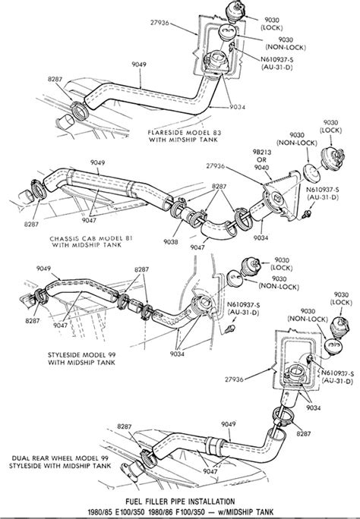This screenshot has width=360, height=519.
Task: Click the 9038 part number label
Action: click(x=171, y=242)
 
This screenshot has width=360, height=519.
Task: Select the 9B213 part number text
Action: click(x=262, y=153)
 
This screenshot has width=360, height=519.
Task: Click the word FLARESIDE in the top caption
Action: click(x=163, y=132)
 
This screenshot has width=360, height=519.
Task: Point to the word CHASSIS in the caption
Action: click(x=63, y=239)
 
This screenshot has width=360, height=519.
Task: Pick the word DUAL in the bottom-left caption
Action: click(x=21, y=458)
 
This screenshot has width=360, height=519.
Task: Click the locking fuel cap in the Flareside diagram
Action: click(x=235, y=12)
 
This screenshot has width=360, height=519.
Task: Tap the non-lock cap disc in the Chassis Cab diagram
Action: click(x=312, y=171)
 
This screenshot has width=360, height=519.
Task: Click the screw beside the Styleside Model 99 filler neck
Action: click(x=230, y=329)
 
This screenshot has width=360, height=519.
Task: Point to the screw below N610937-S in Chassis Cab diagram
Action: click(x=307, y=214)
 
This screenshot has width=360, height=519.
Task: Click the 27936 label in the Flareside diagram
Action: click(x=159, y=23)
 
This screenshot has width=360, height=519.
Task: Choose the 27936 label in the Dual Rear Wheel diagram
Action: click(x=234, y=379)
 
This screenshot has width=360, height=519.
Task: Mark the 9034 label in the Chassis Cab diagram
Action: click(x=261, y=237)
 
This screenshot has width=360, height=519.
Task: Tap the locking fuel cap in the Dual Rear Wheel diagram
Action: click(x=339, y=327)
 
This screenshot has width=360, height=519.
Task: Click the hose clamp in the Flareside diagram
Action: click(x=79, y=111)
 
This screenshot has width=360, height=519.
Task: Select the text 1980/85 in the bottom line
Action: click(x=99, y=511)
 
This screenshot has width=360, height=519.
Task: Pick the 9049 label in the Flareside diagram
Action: click(x=139, y=64)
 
